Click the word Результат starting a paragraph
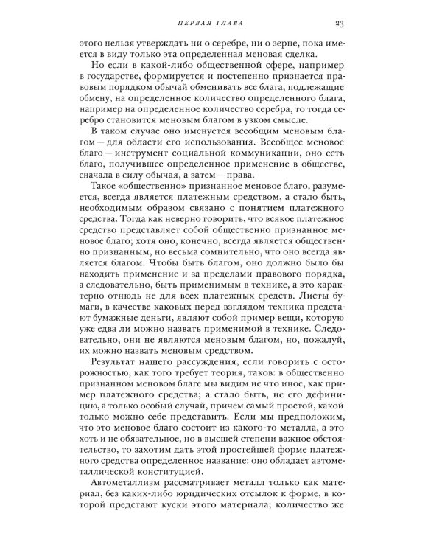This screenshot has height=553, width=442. (119, 383)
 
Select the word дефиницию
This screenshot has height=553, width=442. (323, 423)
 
